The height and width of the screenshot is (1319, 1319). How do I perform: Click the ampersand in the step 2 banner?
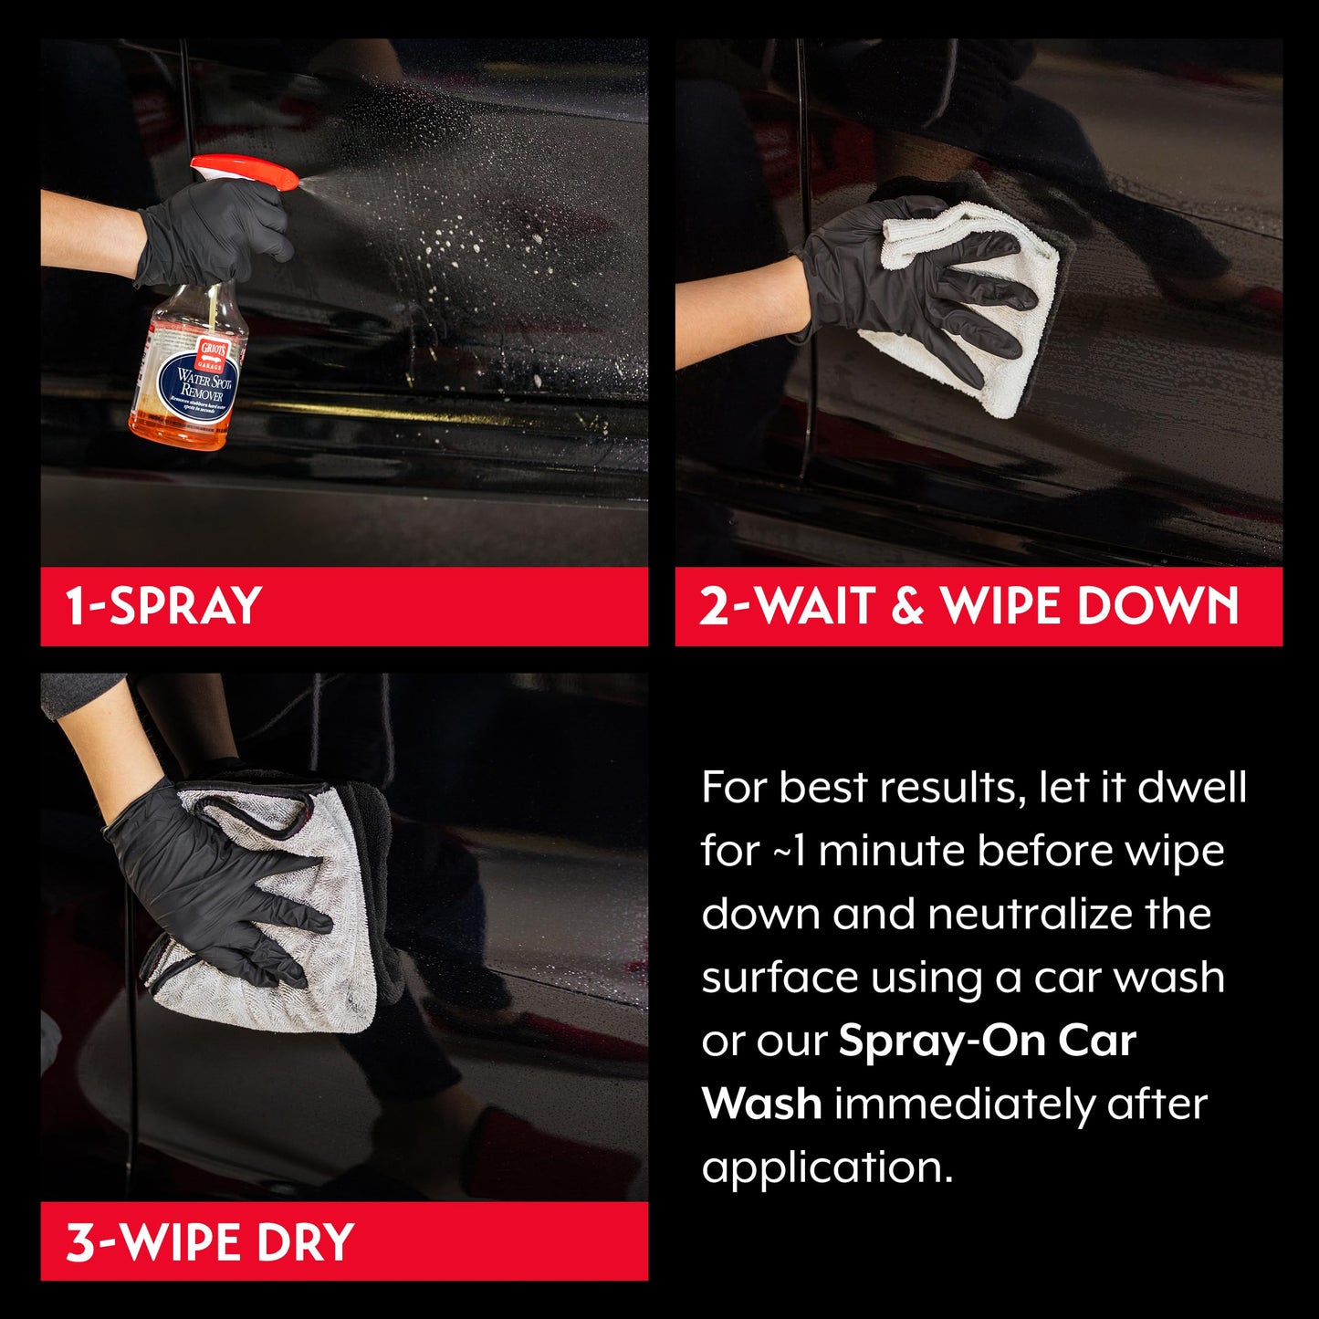(907, 607)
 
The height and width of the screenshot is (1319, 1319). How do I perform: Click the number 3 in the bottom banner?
(79, 1241)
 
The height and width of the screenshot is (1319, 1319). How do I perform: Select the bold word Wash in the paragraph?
(761, 1104)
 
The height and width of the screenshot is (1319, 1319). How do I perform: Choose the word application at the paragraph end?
(826, 1167)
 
